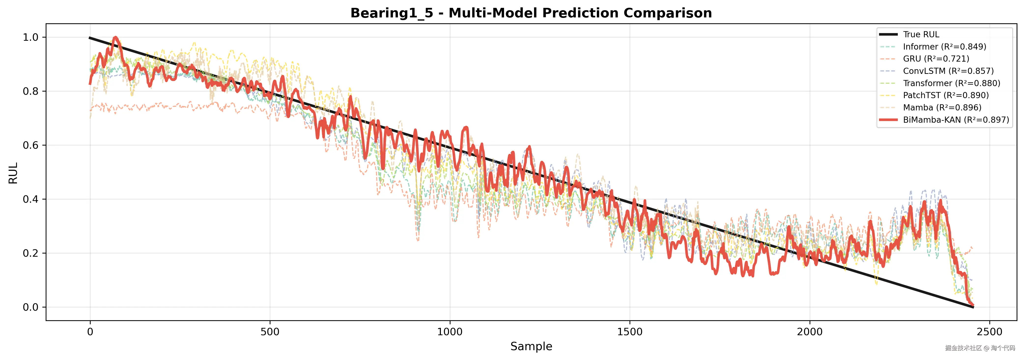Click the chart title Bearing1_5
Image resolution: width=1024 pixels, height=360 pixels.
tap(531, 13)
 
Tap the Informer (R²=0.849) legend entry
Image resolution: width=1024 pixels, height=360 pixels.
tap(944, 47)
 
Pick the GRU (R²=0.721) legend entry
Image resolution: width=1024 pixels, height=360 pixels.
tap(936, 59)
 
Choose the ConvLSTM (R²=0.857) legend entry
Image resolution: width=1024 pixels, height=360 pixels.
tap(948, 71)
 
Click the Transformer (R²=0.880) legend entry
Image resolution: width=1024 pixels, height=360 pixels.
tap(951, 83)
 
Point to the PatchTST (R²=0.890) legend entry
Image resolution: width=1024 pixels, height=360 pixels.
tap(946, 95)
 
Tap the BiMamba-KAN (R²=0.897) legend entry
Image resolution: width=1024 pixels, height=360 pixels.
tap(956, 120)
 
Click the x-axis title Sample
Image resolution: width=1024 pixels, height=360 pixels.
tap(531, 347)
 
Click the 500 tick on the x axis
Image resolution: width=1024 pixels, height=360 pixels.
tap(270, 332)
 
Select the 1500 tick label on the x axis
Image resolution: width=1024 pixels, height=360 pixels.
tap(630, 332)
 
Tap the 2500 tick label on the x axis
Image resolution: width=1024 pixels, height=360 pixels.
tap(989, 332)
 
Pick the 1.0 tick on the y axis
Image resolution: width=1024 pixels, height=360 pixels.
tap(31, 37)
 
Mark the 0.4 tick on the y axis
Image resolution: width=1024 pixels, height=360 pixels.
tap(31, 199)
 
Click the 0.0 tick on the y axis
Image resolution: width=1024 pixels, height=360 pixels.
tap(31, 307)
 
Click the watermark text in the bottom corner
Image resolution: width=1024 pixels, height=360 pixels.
tap(980, 348)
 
